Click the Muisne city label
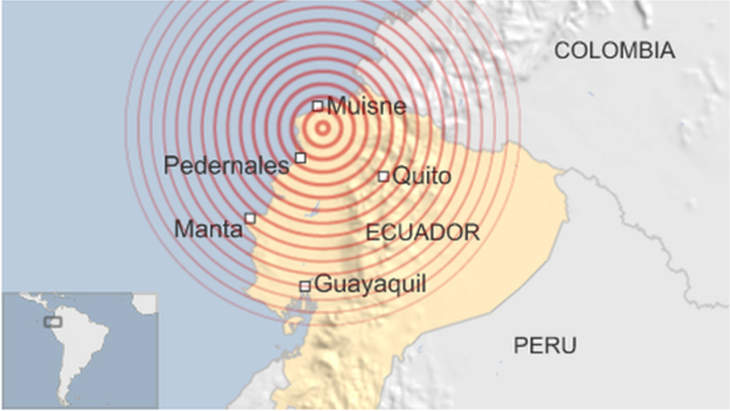(365, 107)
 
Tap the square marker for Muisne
(318, 106)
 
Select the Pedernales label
(226, 164)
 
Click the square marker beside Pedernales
(300, 158)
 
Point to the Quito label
(421, 175)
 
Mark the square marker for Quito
(383, 176)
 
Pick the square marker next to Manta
(250, 218)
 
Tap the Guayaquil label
(370, 285)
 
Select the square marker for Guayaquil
(305, 286)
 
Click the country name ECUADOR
(422, 233)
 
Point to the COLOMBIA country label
(615, 50)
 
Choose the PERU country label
(545, 345)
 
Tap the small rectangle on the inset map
(53, 321)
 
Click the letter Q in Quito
(400, 175)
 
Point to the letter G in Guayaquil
(322, 285)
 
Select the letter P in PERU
(520, 345)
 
